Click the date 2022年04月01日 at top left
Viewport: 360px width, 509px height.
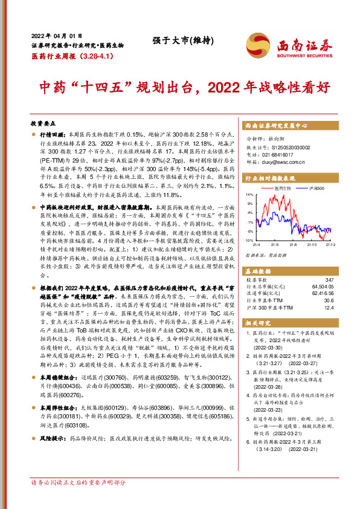point(56,35)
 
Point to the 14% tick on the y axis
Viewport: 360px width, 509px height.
point(249,195)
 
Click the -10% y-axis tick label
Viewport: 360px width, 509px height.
point(249,240)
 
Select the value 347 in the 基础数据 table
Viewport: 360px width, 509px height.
point(329,280)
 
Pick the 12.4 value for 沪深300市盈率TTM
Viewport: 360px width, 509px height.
point(329,308)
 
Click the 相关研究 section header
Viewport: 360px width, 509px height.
point(256,324)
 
